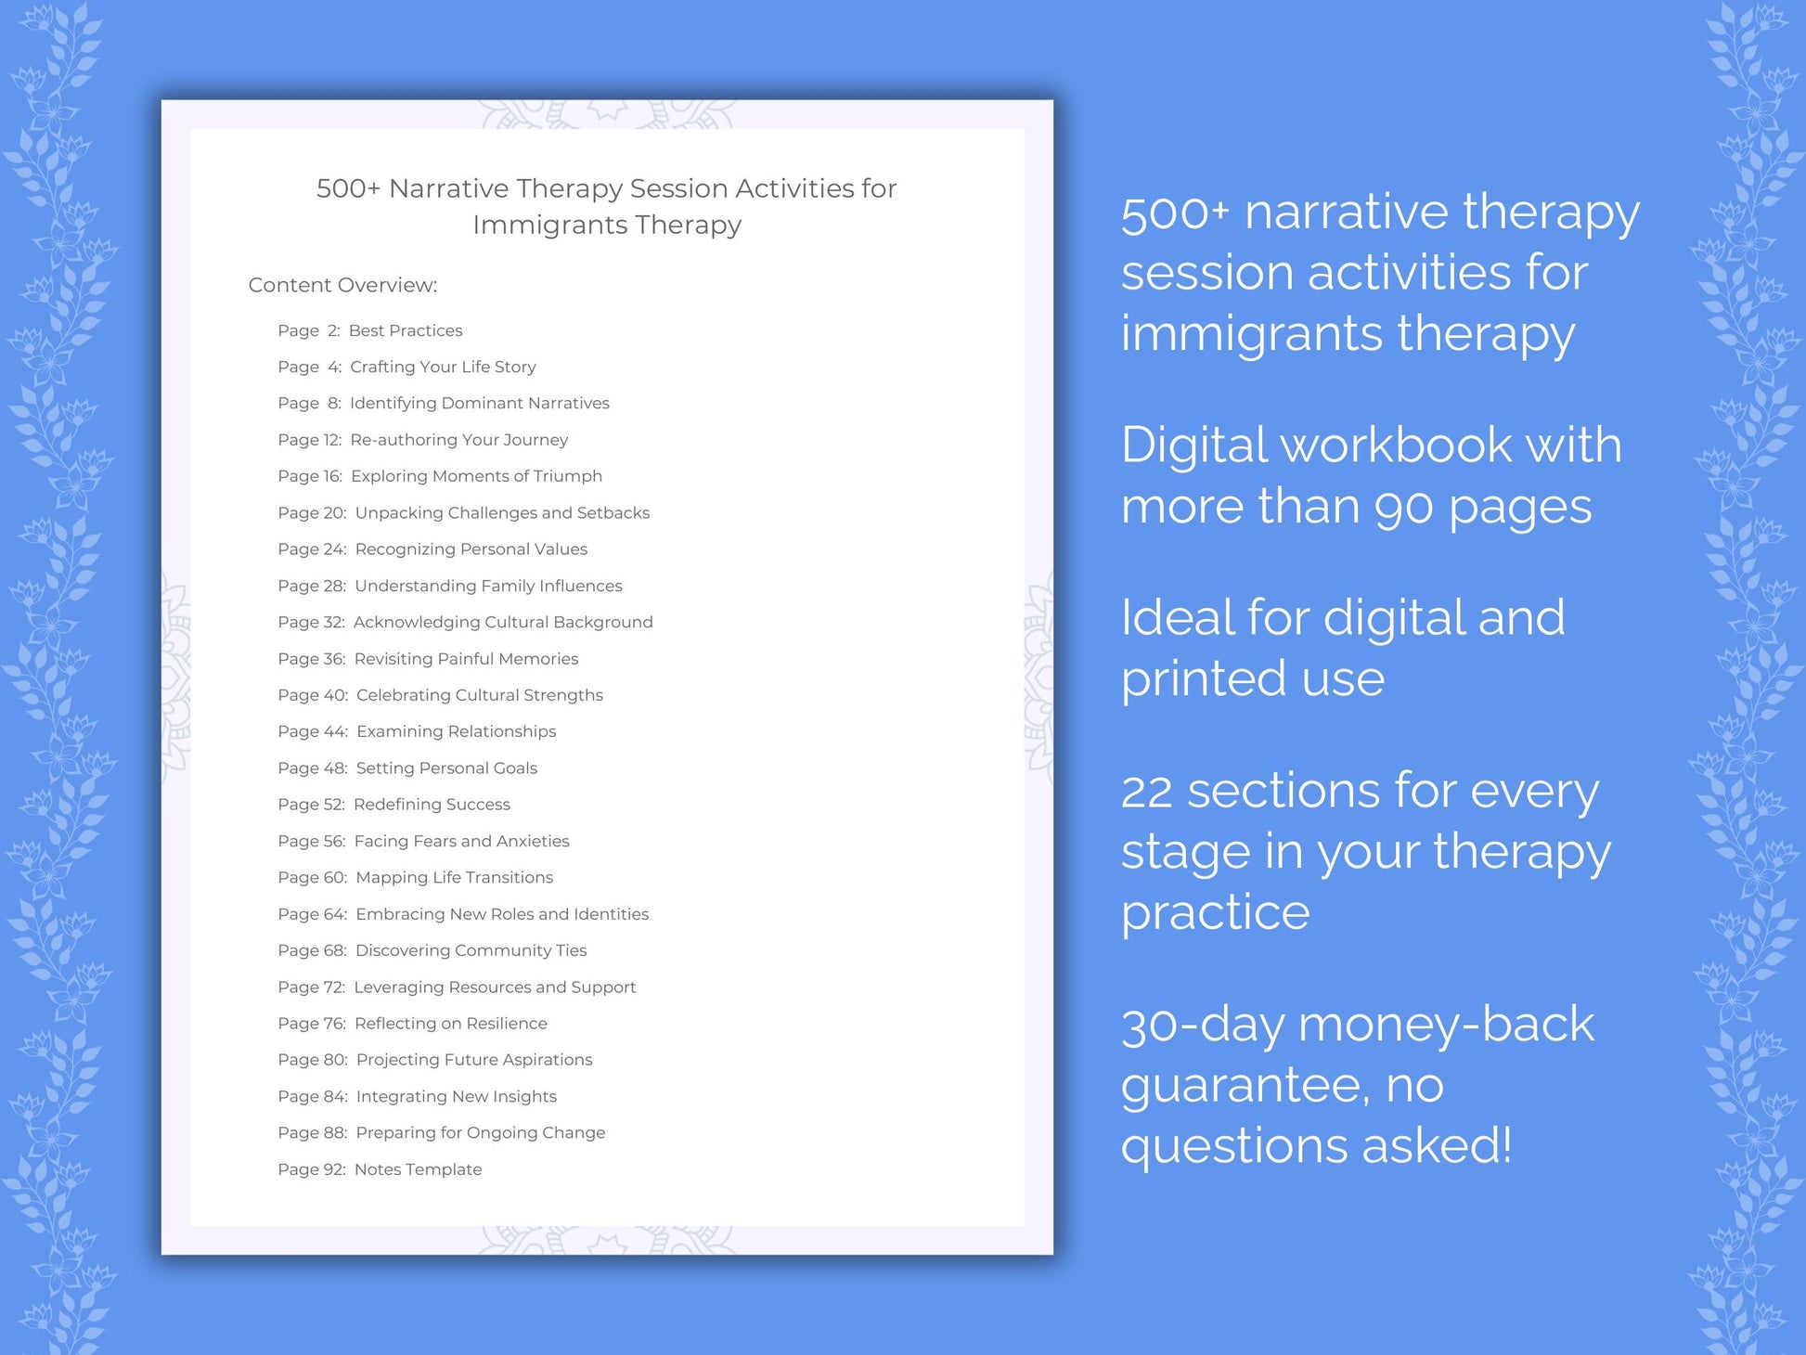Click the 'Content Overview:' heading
pyautogui.click(x=342, y=285)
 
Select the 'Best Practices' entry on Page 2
pyautogui.click(x=405, y=330)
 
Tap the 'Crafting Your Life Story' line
pyautogui.click(x=443, y=367)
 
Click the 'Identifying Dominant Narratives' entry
pyautogui.click(x=479, y=403)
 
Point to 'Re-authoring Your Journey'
pyautogui.click(x=458, y=440)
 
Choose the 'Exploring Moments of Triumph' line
pyautogui.click(x=476, y=476)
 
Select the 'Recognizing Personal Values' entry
pyautogui.click(x=471, y=549)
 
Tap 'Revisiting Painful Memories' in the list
pyautogui.click(x=466, y=659)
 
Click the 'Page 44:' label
pyautogui.click(x=313, y=731)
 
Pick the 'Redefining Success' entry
pyautogui.click(x=432, y=805)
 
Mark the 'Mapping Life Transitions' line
pyautogui.click(x=454, y=877)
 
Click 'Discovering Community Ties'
pyautogui.click(x=471, y=950)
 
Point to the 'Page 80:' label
pyautogui.click(x=313, y=1060)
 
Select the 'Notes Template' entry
pyautogui.click(x=418, y=1169)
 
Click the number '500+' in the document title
pyautogui.click(x=348, y=188)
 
